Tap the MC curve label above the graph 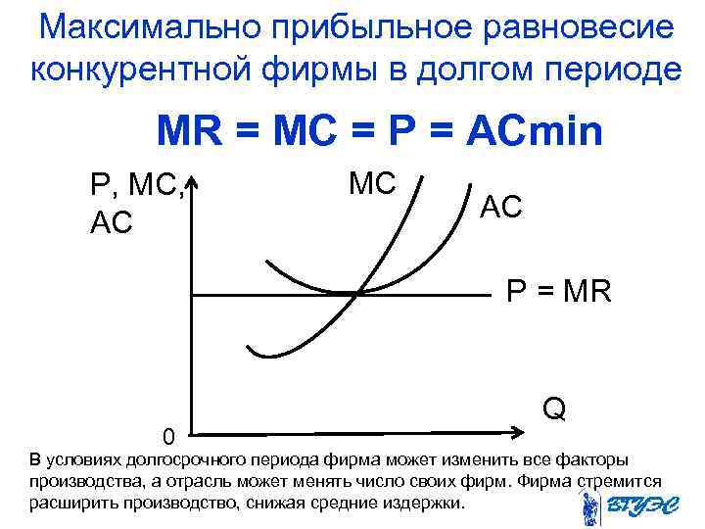[x=371, y=183]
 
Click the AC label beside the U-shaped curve [x=501, y=206]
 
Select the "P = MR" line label [x=558, y=291]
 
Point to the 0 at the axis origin [x=169, y=435]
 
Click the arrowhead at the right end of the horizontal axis [x=520, y=433]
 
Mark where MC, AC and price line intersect [x=359, y=292]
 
